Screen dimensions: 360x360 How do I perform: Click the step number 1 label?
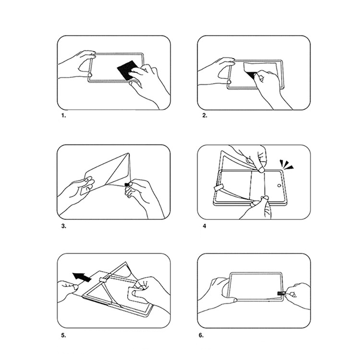click(x=63, y=116)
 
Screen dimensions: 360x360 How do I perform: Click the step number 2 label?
click(x=204, y=116)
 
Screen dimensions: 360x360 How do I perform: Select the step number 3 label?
click(x=63, y=226)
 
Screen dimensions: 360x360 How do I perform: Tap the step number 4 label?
click(x=204, y=226)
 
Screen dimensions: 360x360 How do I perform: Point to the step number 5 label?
click(x=63, y=336)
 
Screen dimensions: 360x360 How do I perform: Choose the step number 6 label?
click(x=201, y=336)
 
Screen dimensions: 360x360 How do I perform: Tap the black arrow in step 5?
click(x=82, y=276)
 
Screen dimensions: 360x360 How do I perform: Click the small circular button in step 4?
click(x=279, y=185)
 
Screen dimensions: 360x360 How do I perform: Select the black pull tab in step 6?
click(x=281, y=293)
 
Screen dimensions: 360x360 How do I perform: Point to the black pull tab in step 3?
click(x=127, y=184)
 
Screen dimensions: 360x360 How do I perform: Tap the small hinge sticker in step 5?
click(x=104, y=280)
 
